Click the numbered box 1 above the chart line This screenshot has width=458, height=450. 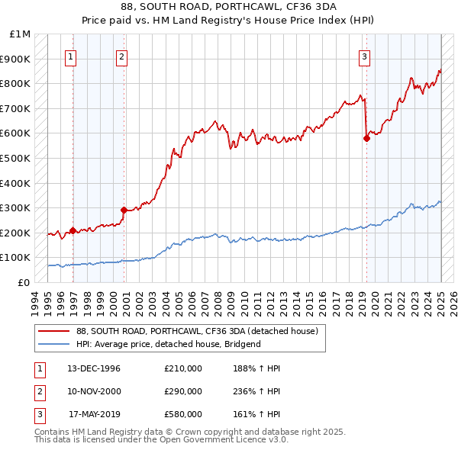coord(70,56)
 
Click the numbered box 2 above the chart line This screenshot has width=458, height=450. coord(122,56)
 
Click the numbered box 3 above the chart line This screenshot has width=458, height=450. coord(364,56)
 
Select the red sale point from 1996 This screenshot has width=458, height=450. coord(73,230)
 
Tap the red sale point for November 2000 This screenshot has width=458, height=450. coord(124,210)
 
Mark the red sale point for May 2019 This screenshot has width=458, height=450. coord(366,138)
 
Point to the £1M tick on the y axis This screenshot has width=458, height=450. coord(21,34)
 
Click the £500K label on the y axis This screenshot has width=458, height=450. coord(16,158)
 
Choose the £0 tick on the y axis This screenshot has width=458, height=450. coord(24,282)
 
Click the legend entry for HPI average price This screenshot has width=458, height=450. coord(169,344)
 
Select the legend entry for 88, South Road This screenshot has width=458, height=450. coord(202,331)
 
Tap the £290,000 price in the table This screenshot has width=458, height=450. coord(183,391)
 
